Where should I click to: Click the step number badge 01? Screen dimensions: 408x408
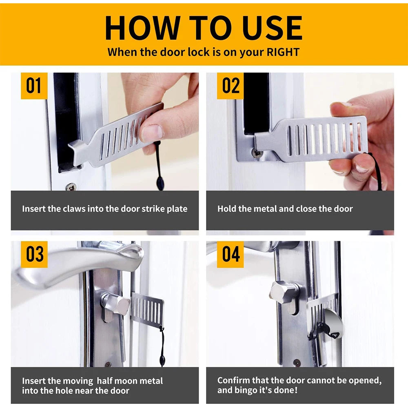34,86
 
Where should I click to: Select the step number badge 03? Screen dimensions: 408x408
34,254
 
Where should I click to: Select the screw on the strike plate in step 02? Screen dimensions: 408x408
257,153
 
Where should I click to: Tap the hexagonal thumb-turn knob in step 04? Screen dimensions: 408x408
282,291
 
